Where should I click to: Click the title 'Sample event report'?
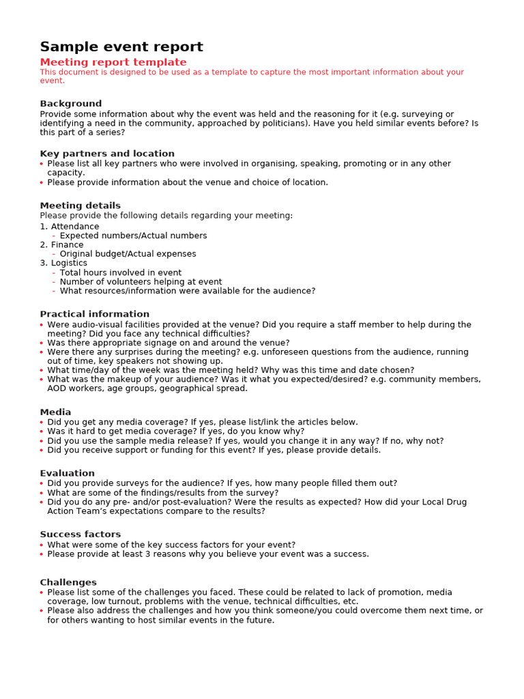(x=121, y=47)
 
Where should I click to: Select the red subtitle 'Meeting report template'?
(x=113, y=62)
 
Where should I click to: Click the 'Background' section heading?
(x=70, y=104)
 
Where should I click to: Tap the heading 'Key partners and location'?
(x=107, y=154)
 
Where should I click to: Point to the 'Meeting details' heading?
(x=80, y=205)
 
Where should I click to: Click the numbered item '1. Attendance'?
(x=69, y=227)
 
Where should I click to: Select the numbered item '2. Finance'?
(x=61, y=245)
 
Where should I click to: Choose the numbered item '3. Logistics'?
(x=63, y=263)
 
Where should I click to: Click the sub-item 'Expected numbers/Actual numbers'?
(x=133, y=236)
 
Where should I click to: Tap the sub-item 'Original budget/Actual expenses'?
(x=128, y=254)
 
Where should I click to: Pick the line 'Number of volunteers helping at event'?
(x=141, y=282)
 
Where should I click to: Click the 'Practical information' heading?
(x=94, y=314)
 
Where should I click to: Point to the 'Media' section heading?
(x=55, y=412)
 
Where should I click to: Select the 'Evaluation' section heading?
(x=67, y=473)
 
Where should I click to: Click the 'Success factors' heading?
(x=80, y=534)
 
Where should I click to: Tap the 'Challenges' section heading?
(x=68, y=582)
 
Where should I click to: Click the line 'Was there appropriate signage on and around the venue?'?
(x=168, y=343)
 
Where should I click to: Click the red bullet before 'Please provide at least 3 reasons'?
(x=42, y=554)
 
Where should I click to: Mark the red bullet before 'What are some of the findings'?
(x=42, y=493)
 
